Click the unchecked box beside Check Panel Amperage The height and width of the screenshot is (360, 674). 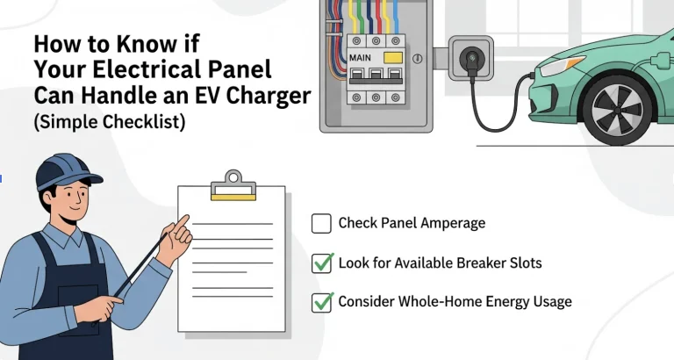click(321, 224)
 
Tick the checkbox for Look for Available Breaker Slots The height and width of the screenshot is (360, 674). click(321, 263)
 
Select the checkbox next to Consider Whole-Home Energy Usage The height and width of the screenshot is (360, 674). click(321, 302)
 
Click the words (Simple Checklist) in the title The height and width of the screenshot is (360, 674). click(110, 122)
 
